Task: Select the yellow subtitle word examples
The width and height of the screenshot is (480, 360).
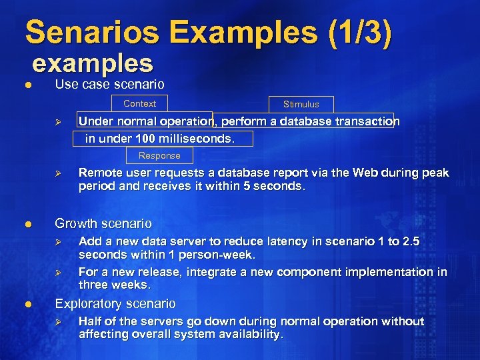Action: [93, 63]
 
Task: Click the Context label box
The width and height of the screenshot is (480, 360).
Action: [140, 103]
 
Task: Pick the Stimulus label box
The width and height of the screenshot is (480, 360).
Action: [301, 104]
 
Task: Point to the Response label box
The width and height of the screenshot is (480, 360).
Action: [159, 155]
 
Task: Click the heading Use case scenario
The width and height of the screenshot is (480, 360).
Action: [109, 85]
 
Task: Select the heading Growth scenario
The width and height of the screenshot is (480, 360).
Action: [103, 223]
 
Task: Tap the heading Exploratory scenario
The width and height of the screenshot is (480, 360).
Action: [115, 304]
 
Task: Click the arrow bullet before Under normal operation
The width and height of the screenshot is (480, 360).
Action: [58, 122]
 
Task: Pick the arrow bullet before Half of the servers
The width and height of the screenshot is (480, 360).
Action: [58, 322]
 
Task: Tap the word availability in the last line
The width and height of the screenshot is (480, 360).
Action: [251, 335]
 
